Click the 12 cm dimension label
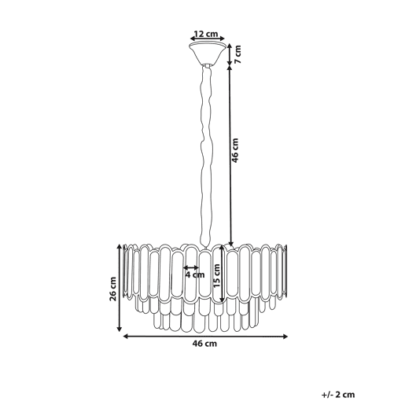(x=206, y=34)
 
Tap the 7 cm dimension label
(x=237, y=54)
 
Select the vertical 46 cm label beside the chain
(x=235, y=150)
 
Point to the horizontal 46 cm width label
(x=204, y=344)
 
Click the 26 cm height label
(x=112, y=289)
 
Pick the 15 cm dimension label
(x=217, y=275)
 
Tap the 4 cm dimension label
(x=195, y=274)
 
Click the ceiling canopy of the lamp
(x=207, y=54)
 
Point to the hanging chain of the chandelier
(x=206, y=156)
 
